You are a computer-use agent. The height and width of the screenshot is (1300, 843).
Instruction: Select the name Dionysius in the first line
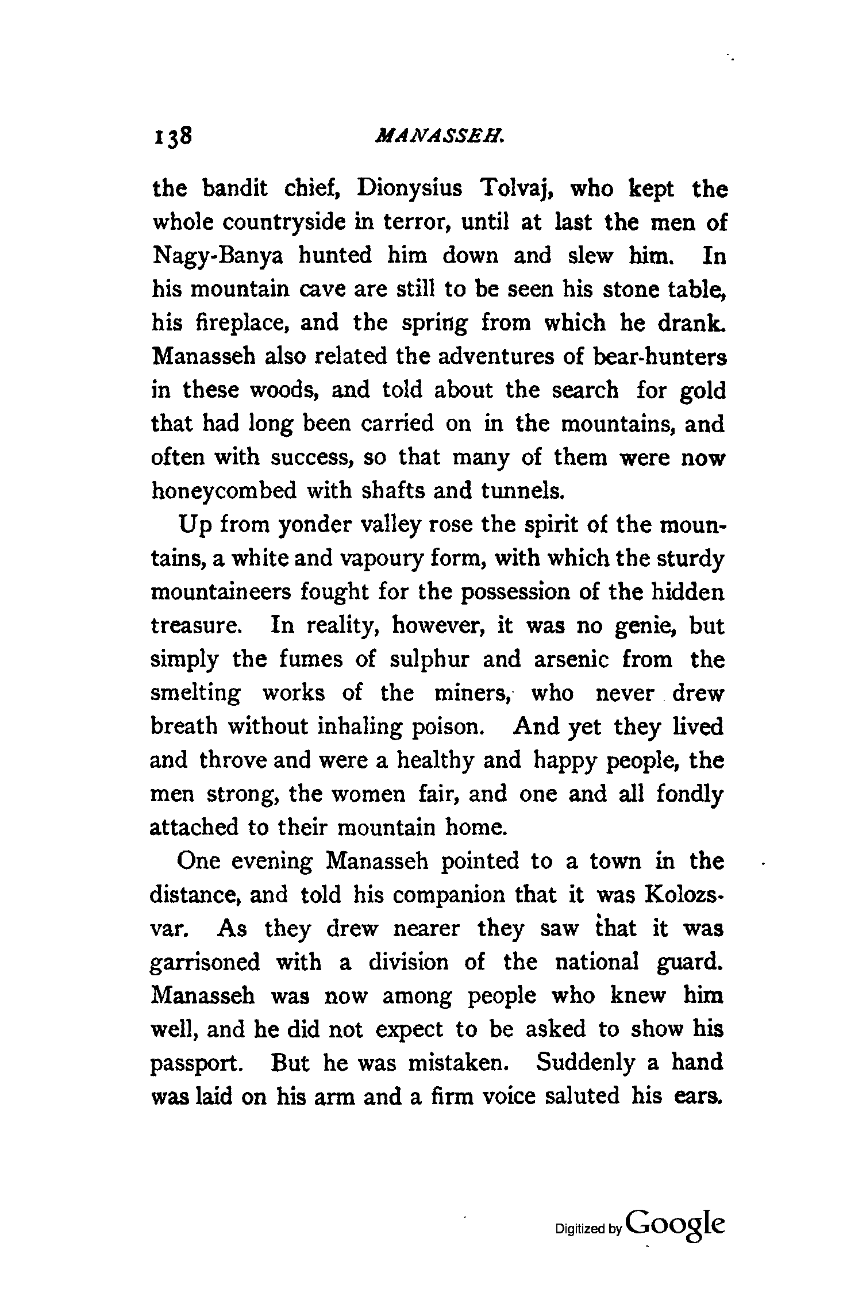tap(409, 189)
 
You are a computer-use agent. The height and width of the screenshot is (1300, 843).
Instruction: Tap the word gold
tap(702, 391)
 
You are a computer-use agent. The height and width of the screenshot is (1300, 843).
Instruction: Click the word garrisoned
tap(205, 962)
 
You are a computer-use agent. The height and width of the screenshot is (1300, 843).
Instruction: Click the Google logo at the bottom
tap(676, 1230)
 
